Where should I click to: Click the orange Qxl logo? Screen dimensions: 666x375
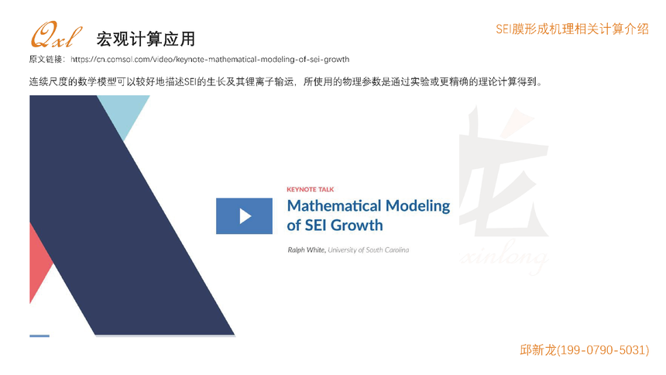pos(56,35)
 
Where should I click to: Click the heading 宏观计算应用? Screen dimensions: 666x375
pos(146,39)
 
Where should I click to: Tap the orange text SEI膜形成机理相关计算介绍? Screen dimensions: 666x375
pos(572,29)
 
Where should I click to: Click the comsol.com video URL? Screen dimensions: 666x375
pos(210,59)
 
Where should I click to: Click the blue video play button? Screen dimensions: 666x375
pos(244,216)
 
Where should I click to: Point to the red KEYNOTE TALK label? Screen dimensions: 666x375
pos(310,189)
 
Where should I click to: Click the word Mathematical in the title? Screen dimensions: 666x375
pos(334,206)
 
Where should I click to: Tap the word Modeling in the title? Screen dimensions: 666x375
pos(417,207)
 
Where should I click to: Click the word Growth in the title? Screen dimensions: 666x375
pos(356,225)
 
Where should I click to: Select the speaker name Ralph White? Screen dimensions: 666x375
pos(307,250)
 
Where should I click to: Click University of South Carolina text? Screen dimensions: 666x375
pos(369,250)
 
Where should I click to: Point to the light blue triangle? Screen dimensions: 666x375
pos(124,112)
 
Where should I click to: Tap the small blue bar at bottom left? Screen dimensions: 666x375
pos(39,336)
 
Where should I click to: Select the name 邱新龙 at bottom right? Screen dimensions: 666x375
pos(537,350)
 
